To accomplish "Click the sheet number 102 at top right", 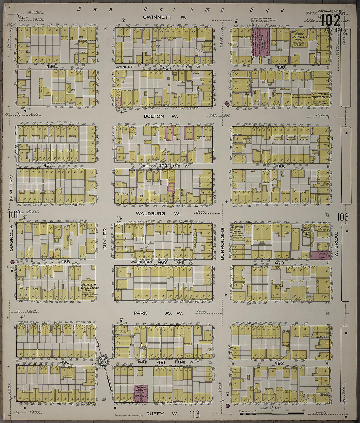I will coord(331,21).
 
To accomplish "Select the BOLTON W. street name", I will coord(161,116).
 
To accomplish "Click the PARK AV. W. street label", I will coord(158,313).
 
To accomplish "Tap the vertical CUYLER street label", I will coord(105,239).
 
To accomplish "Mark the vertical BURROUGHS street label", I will coord(222,243).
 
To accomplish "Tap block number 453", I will coord(48,165).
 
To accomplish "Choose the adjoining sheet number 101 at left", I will coord(13,215).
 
